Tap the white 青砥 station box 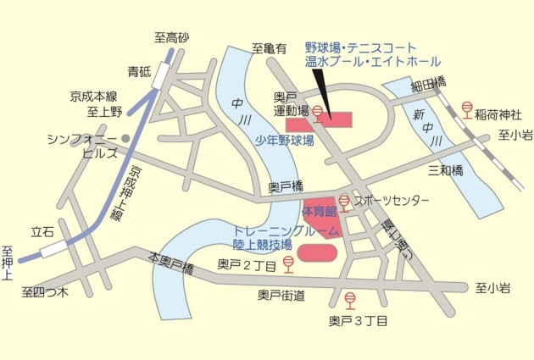159,79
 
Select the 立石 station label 42,230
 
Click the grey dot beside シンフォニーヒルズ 125,138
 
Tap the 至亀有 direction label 269,50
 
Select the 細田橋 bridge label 428,83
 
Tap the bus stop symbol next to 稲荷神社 466,108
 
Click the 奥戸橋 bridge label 286,186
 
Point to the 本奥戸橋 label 171,262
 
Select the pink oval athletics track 318,252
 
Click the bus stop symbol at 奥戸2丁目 289,265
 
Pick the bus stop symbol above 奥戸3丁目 349,299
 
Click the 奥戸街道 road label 281,295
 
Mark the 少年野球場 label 285,141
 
